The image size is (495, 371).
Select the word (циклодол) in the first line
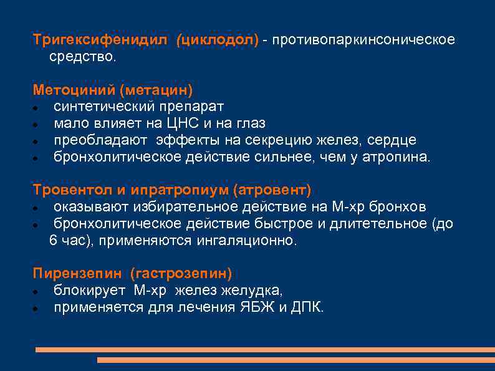[217, 40]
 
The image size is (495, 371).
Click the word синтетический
[101, 107]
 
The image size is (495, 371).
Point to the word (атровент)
[272, 190]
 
